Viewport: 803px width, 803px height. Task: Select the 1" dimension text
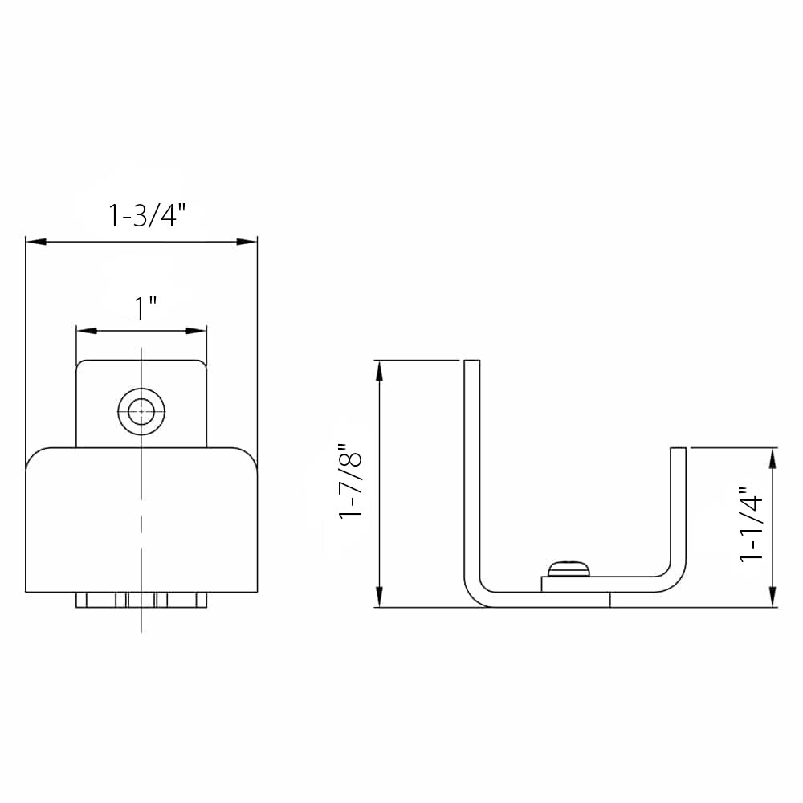pyautogui.click(x=145, y=308)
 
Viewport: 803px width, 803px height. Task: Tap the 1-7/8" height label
pyautogui.click(x=352, y=482)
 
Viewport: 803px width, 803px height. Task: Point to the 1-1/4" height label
pyautogui.click(x=752, y=524)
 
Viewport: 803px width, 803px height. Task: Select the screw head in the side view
pyautogui.click(x=568, y=569)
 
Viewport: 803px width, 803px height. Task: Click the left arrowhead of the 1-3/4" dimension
pyautogui.click(x=34, y=240)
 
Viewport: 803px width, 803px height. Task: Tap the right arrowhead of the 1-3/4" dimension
pyautogui.click(x=249, y=240)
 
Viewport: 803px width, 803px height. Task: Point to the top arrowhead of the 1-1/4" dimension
pyautogui.click(x=772, y=455)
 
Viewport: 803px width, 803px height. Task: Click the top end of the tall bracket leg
pyautogui.click(x=472, y=362)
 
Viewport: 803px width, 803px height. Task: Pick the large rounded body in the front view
pyautogui.click(x=141, y=522)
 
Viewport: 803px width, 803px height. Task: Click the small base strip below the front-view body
pyautogui.click(x=141, y=600)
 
